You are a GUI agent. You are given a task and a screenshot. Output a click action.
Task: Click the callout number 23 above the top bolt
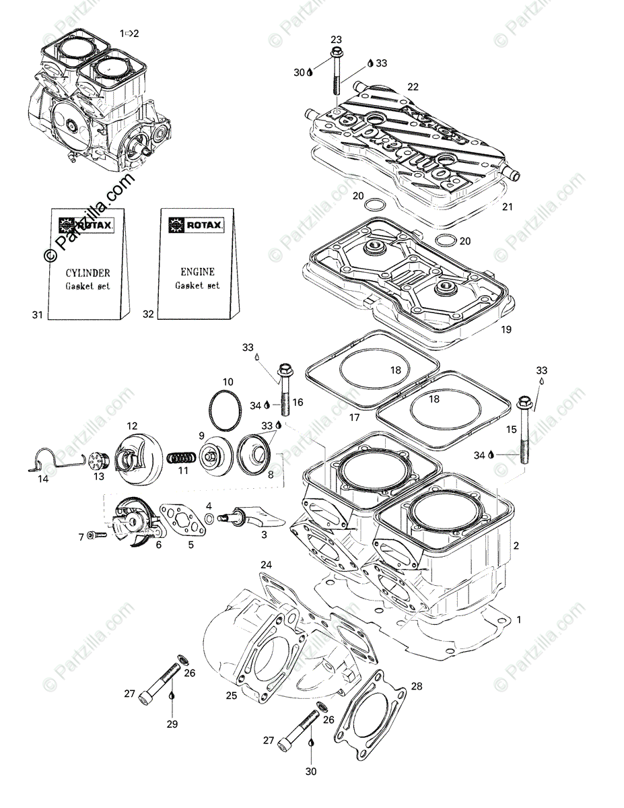(336, 40)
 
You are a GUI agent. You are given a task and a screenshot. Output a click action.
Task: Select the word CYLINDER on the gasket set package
(88, 273)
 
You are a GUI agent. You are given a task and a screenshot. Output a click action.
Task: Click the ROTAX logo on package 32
(197, 225)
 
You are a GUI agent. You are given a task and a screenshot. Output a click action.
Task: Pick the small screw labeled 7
(96, 535)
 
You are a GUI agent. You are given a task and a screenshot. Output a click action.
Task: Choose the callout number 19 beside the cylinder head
(506, 329)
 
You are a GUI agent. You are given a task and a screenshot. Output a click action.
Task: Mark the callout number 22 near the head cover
(413, 87)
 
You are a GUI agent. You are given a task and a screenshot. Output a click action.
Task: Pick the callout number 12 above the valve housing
(132, 426)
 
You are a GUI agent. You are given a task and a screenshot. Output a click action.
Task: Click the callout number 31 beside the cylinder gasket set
(37, 315)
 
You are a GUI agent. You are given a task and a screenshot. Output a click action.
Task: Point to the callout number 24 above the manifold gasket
(266, 565)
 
